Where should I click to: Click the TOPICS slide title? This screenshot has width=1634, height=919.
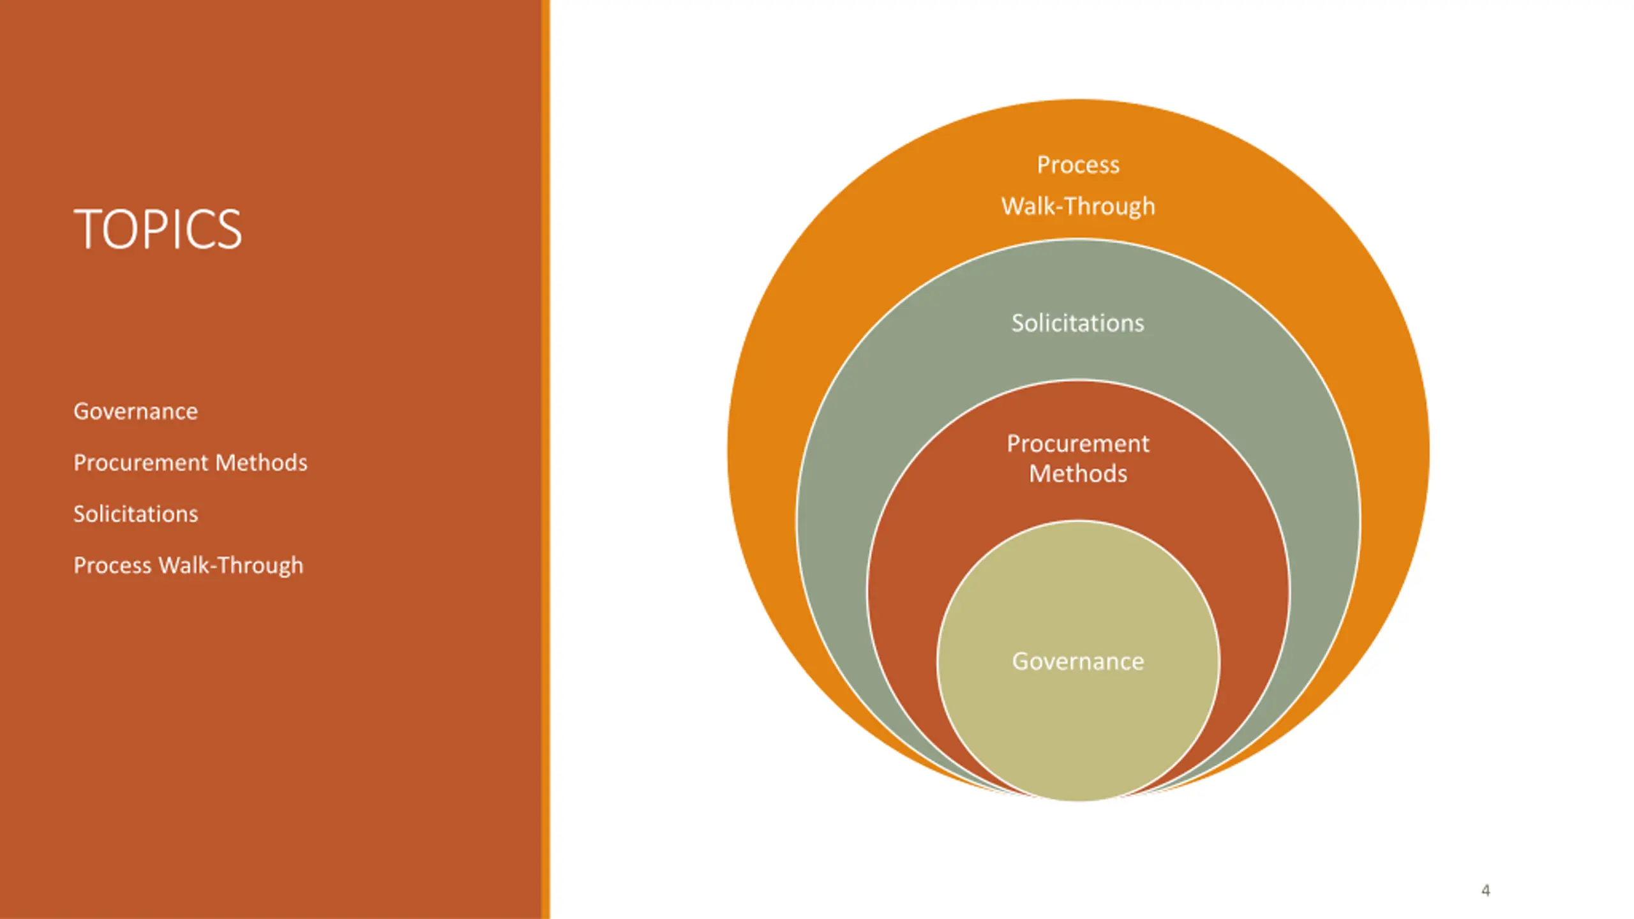[158, 230]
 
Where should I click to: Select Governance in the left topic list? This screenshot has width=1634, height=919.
[135, 412]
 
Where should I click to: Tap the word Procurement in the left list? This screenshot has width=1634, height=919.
[141, 463]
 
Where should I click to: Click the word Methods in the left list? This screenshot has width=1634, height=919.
[262, 463]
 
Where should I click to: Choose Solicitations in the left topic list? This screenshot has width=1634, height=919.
[135, 514]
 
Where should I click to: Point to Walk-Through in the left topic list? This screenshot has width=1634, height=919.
[230, 565]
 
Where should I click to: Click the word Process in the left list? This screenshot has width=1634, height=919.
[112, 565]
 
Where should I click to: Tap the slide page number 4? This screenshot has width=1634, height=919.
[1485, 890]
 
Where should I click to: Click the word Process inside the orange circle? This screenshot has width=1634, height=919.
[1078, 165]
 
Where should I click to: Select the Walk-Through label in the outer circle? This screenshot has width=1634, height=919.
[1078, 207]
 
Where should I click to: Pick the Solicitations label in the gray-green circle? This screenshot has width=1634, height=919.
[1078, 324]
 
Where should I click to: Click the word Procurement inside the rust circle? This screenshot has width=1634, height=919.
[1078, 444]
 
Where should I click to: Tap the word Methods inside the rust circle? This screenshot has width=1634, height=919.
[1078, 474]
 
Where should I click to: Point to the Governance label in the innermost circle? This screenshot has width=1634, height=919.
[1078, 662]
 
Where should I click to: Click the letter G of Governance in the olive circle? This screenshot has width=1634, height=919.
[1021, 662]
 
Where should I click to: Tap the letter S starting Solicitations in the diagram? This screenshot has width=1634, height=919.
[1019, 324]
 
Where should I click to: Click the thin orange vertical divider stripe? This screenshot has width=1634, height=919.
[545, 459]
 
